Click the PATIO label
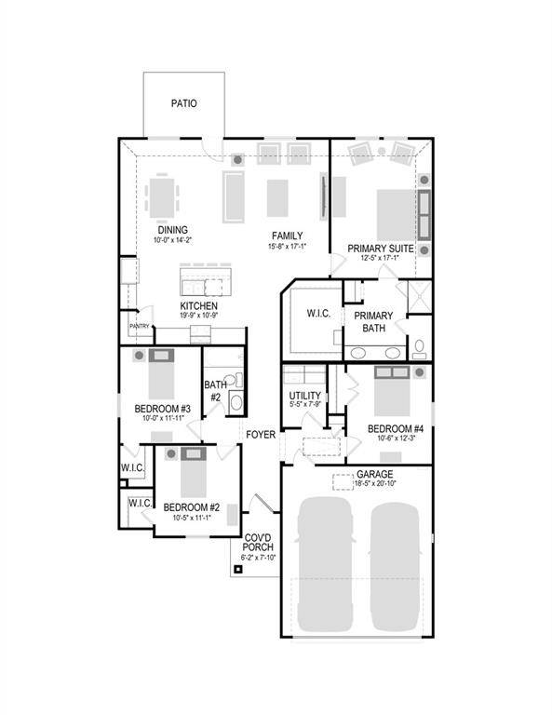183,104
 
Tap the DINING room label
172,230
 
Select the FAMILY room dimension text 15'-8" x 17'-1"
287,247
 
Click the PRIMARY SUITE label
380,248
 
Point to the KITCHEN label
199,305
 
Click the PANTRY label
140,326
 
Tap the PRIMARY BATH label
373,321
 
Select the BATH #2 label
215,390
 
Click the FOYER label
261,435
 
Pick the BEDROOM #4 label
396,428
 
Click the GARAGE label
373,474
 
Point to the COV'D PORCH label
258,543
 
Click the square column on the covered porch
238,569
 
